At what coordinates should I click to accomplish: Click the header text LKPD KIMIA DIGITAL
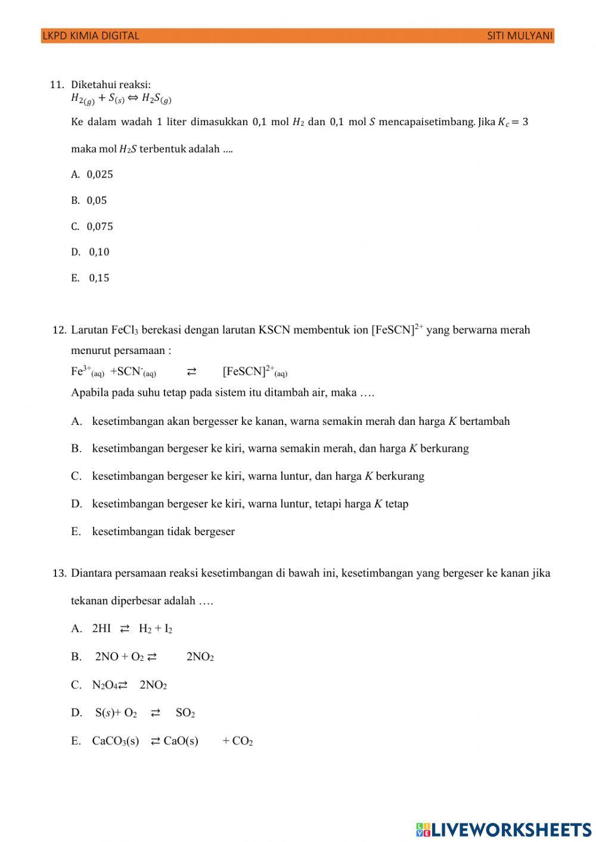91,36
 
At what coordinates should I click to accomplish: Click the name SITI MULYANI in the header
520,36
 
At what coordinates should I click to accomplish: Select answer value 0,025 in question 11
100,175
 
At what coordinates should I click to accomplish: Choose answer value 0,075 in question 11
100,226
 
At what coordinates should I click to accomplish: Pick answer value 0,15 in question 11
100,278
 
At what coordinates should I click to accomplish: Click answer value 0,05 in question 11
97,201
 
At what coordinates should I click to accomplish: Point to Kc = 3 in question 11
513,122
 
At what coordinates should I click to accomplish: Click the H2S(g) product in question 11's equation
156,99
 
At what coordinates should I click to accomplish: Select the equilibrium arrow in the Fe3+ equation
191,372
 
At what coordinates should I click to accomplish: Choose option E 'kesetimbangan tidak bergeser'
163,532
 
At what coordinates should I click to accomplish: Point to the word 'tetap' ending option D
396,504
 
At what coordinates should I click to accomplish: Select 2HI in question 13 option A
101,629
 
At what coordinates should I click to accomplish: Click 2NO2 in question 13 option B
200,657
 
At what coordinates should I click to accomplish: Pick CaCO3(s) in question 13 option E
115,741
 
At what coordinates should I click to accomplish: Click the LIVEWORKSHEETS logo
503,829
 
